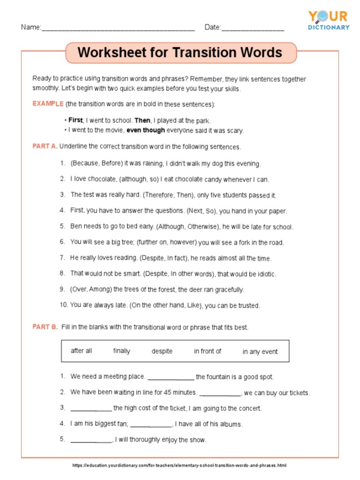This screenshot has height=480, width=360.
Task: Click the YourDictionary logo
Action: point(328,21)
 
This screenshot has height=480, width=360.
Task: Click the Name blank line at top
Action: point(118,29)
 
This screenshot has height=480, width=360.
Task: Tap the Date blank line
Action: point(253,29)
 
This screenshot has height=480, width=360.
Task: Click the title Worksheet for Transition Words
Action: point(179,52)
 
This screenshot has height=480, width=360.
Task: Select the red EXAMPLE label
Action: point(48,103)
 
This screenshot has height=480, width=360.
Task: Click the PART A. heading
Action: point(45,146)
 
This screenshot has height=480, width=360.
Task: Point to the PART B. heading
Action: point(45,327)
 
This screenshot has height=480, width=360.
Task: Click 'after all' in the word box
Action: point(81,351)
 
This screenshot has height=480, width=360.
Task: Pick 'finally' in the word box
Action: point(121,351)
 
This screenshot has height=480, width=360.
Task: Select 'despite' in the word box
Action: point(162,351)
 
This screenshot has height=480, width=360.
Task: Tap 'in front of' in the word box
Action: point(207,351)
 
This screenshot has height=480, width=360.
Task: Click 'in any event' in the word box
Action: point(260,351)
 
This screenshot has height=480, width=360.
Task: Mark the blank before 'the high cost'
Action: point(91,409)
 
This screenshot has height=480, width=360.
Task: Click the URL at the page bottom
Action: point(179,465)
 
